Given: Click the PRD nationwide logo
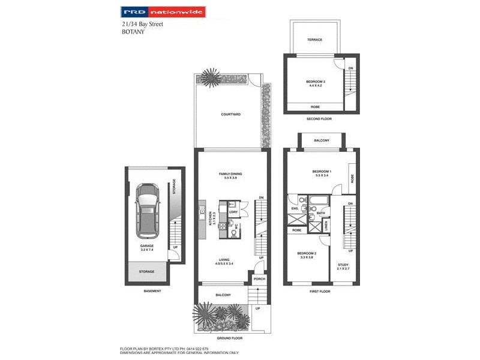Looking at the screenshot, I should point(163,11).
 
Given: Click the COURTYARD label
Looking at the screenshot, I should point(230,114).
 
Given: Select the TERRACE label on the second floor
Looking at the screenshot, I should point(315,40).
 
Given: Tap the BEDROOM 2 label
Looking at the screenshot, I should point(306,254).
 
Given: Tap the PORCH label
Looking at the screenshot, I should point(259,279).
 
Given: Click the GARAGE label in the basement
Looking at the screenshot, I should point(147,247).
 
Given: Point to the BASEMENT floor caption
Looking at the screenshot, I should point(152,292).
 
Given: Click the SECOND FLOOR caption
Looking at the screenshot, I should point(319,119).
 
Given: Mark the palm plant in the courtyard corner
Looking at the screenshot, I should point(211,77).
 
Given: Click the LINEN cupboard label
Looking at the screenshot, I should point(326,225).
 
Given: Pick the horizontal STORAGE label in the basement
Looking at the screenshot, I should point(146,272).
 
